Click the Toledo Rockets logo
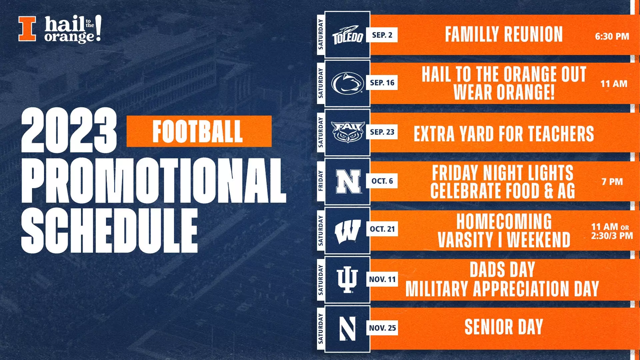click(347, 35)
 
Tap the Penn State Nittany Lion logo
click(347, 83)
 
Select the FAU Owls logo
click(347, 132)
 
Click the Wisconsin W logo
click(347, 231)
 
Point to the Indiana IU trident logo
click(347, 280)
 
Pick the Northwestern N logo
click(347, 328)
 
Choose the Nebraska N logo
click(348, 181)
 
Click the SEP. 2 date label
click(382, 35)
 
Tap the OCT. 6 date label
click(382, 181)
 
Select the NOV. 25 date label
click(382, 328)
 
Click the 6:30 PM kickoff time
click(612, 36)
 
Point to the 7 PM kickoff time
click(612, 182)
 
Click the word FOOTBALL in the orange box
click(197, 132)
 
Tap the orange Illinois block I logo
click(27, 29)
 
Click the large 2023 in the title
click(69, 131)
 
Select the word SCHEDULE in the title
click(109, 231)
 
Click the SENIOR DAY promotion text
click(504, 327)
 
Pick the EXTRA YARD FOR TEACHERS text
click(504, 134)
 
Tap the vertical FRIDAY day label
click(321, 181)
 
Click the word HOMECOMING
click(504, 221)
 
